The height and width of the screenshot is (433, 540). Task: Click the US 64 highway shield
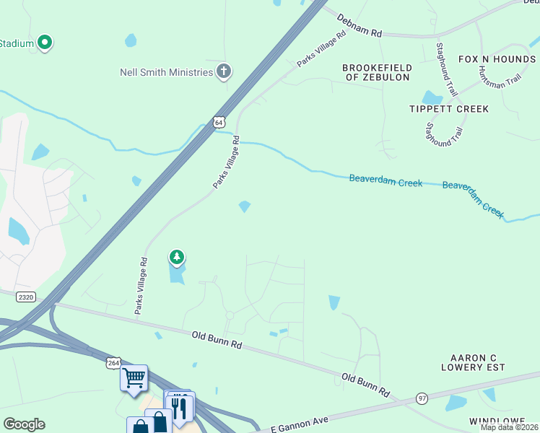click(x=219, y=123)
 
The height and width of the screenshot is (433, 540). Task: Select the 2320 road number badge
click(x=26, y=297)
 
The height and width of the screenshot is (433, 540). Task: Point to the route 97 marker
click(x=422, y=398)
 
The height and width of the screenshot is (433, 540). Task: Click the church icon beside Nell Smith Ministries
click(x=224, y=71)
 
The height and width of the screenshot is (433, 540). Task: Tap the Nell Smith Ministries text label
click(x=167, y=72)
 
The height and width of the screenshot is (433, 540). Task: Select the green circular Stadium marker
click(x=45, y=43)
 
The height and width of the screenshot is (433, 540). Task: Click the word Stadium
click(x=17, y=43)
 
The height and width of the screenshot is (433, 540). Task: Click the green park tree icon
click(x=176, y=257)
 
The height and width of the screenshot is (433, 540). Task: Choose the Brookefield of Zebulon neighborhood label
click(x=376, y=72)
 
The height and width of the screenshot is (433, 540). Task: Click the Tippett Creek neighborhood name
click(x=449, y=109)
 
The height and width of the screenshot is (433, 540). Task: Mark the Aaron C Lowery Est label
click(x=477, y=362)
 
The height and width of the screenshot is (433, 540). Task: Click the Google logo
click(x=24, y=424)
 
